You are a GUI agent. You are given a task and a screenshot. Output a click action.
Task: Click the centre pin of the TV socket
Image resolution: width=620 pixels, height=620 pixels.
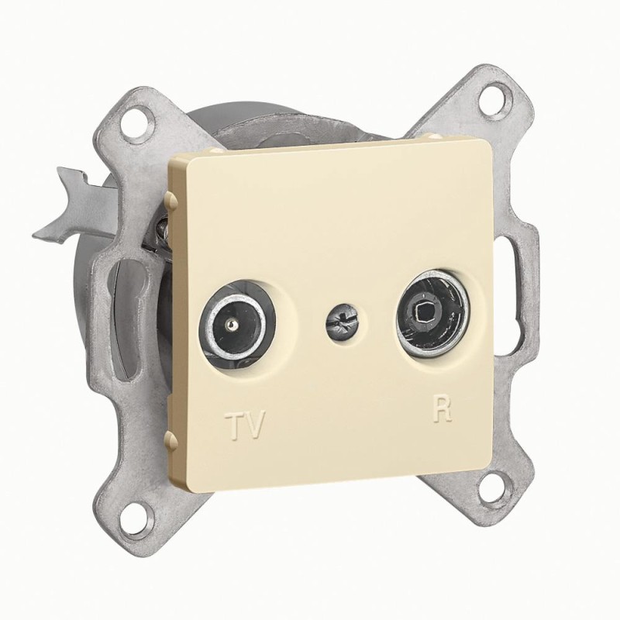pos(230,325)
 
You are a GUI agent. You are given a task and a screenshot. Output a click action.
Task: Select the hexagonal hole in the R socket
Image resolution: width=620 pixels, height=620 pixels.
pos(423,314)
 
